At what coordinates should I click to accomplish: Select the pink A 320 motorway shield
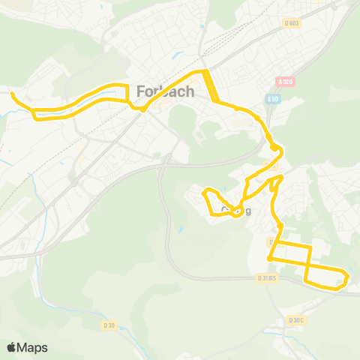(283, 82)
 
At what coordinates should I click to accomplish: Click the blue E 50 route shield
(272, 99)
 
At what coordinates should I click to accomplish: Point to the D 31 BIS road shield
(266, 277)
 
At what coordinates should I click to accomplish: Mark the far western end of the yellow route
(12, 94)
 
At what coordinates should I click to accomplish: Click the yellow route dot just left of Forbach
(142, 109)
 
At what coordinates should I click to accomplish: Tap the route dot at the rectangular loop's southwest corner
(269, 259)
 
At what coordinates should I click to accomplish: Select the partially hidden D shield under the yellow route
(272, 241)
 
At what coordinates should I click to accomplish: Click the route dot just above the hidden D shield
(280, 225)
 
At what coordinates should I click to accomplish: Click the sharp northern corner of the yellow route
(203, 71)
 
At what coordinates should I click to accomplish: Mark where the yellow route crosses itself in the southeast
(307, 267)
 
